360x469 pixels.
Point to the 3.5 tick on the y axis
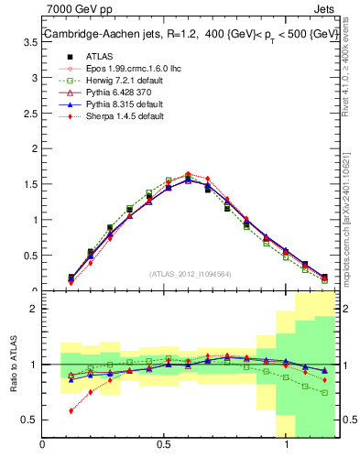click(29, 80)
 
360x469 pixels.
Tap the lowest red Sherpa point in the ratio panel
click(71, 410)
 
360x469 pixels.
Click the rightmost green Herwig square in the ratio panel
click(325, 392)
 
